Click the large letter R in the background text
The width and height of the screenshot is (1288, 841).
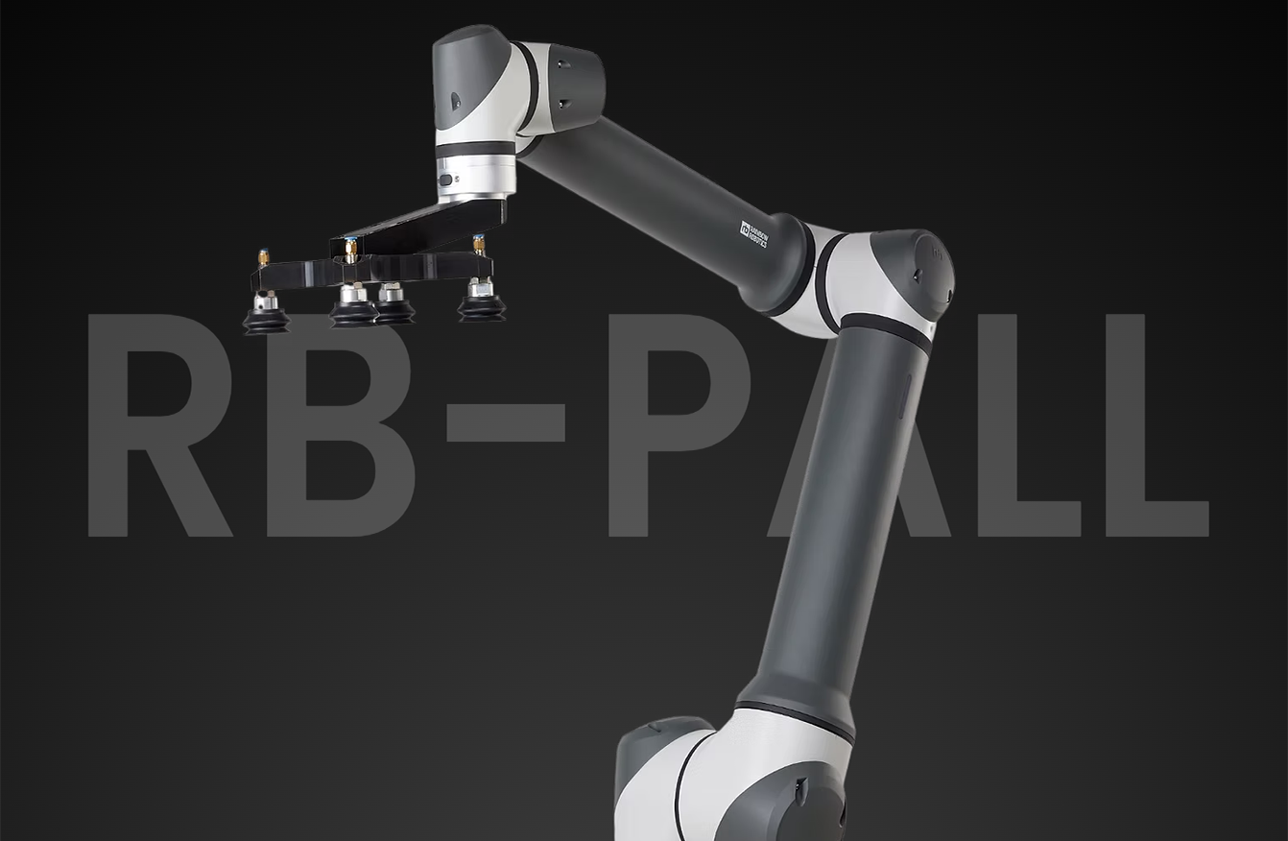pos(154,422)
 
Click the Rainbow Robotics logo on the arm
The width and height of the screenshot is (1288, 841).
pos(754,231)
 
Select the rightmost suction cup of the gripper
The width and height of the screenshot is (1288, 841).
pos(481,304)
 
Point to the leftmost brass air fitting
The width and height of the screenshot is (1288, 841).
pos(261,259)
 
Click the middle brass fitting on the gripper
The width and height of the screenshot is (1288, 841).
pos(351,251)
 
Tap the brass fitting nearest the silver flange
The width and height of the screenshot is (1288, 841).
pos(477,246)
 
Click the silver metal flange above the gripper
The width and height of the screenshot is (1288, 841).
pos(477,179)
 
